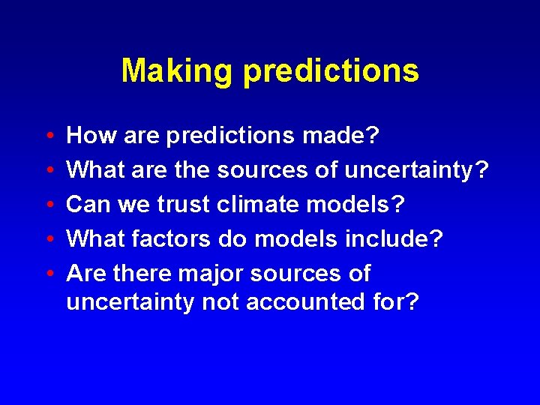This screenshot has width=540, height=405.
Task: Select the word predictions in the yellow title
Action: (331, 71)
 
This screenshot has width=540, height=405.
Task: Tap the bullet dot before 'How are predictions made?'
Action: (49, 136)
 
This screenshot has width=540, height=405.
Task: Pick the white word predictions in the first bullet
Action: (232, 136)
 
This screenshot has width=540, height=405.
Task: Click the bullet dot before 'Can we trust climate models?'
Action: (49, 205)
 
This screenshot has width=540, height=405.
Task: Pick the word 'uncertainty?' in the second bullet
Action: (416, 170)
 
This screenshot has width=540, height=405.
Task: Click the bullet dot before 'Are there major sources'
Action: (49, 274)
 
